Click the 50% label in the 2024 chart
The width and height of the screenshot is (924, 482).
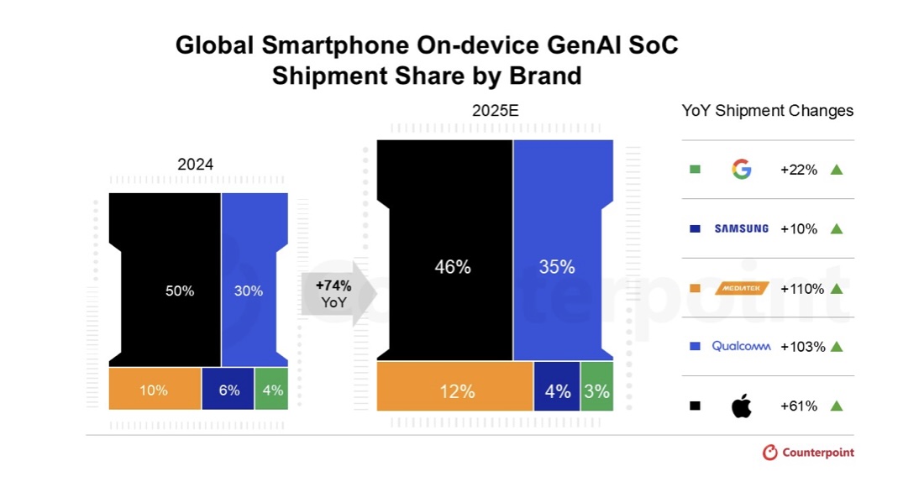(180, 291)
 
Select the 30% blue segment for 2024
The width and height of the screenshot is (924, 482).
(249, 291)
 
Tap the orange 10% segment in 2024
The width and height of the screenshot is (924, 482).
(155, 390)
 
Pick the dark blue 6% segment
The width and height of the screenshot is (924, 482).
(228, 390)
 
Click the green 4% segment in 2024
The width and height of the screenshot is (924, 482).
(272, 390)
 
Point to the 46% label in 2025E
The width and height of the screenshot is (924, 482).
(453, 267)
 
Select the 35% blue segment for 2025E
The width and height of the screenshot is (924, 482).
(557, 267)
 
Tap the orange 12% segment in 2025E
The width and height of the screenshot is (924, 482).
(456, 391)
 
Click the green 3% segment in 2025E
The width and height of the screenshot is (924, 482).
(597, 391)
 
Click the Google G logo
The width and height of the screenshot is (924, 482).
(741, 170)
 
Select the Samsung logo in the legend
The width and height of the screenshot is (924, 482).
(741, 228)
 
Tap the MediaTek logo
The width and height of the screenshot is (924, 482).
(741, 288)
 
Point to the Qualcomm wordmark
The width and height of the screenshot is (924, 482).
(741, 346)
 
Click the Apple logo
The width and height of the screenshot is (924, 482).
(741, 406)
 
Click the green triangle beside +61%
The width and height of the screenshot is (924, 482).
(836, 406)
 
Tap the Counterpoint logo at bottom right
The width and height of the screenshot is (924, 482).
(808, 453)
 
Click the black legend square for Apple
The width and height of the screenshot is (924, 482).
(695, 406)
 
